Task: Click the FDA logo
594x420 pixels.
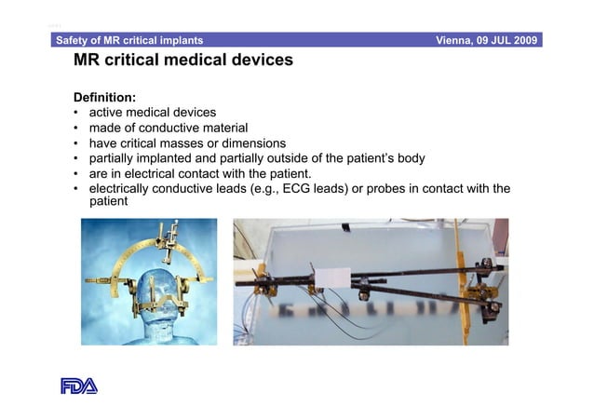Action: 79,386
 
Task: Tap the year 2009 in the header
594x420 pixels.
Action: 522,41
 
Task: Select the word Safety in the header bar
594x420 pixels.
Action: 76,41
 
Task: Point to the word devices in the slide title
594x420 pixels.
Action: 259,61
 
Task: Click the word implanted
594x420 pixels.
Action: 160,158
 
